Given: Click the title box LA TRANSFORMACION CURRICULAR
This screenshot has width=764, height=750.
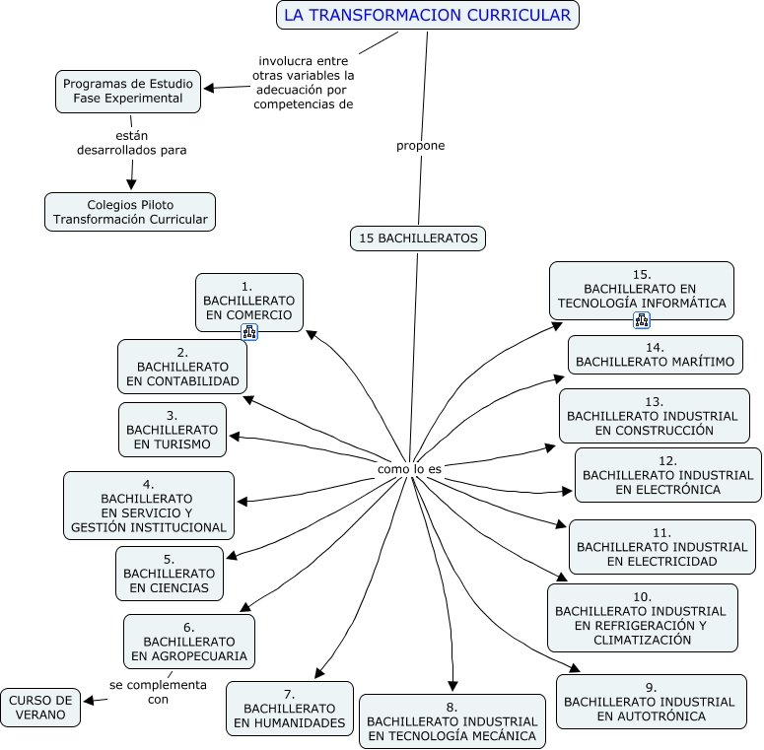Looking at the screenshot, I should pos(427,15).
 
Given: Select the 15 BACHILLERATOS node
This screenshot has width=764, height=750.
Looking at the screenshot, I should pos(418,238).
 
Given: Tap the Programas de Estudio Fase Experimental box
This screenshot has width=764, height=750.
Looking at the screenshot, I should pos(128,91).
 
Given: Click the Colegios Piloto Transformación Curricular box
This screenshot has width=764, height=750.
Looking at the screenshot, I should pos(130,212).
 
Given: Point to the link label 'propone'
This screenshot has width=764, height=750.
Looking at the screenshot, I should pos(421,146).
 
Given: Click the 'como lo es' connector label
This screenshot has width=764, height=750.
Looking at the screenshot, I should pos(409,469).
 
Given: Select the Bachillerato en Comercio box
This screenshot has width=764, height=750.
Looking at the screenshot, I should pos(248,301).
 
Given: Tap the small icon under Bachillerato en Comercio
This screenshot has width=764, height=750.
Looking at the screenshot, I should pos(249,333).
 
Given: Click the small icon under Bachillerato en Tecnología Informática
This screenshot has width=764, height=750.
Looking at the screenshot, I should pos(642,320).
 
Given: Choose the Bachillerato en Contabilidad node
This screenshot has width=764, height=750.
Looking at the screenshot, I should pos(182,367).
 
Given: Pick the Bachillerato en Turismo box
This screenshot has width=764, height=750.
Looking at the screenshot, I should pos(173,430).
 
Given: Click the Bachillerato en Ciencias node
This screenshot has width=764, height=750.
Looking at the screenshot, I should pos(169,574).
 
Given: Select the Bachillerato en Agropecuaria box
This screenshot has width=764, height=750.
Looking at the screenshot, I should pos(188,641).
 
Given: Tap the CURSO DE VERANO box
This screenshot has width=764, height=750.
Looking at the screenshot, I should pos(40,708).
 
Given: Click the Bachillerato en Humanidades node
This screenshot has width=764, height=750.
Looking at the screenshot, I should pos(290,709).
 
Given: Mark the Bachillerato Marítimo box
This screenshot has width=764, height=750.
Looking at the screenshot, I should pos(655,355).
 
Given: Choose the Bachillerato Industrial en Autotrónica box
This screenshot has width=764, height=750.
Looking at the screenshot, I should pos(651,702).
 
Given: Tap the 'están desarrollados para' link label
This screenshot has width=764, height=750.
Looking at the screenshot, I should pos(131,143).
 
